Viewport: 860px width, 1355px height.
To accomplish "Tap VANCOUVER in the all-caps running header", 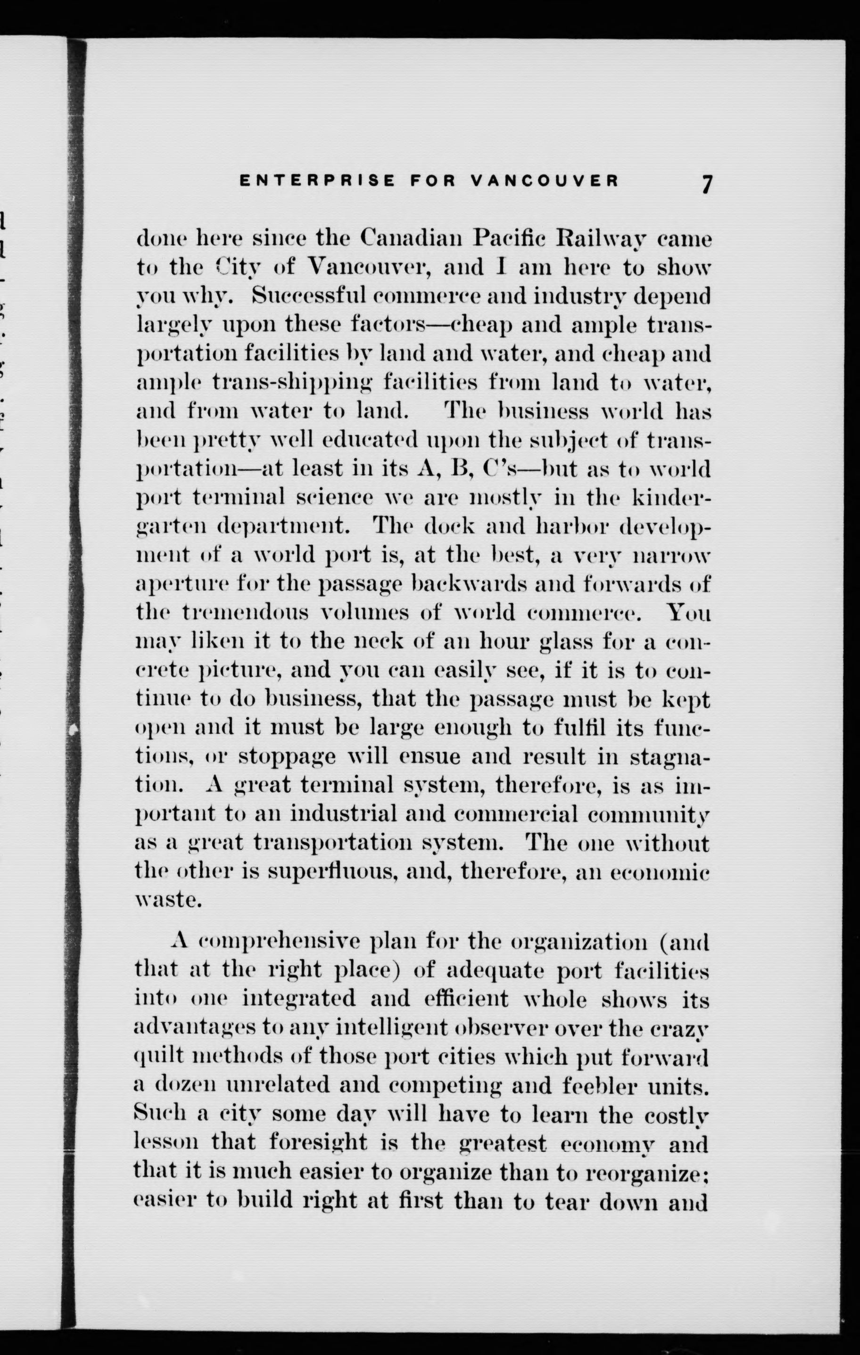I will pos(544,181).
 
